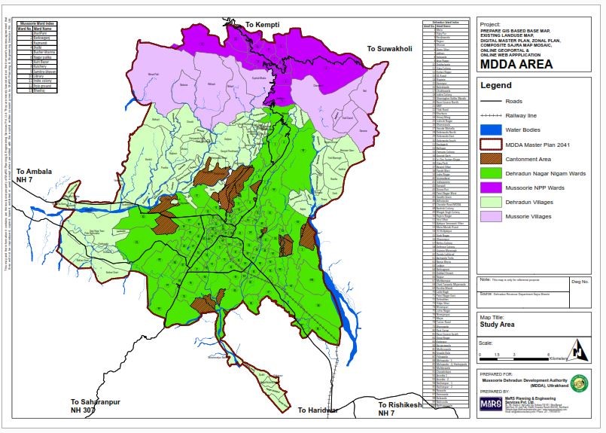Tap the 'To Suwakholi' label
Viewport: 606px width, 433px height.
(390, 49)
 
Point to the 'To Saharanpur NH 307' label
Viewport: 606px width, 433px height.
(95, 407)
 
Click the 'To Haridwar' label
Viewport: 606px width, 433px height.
(318, 410)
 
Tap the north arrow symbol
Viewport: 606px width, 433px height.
(577, 349)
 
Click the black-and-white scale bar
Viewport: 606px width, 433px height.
(519, 353)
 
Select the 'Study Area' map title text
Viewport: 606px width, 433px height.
(498, 325)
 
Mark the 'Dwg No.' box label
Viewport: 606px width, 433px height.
(580, 280)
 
